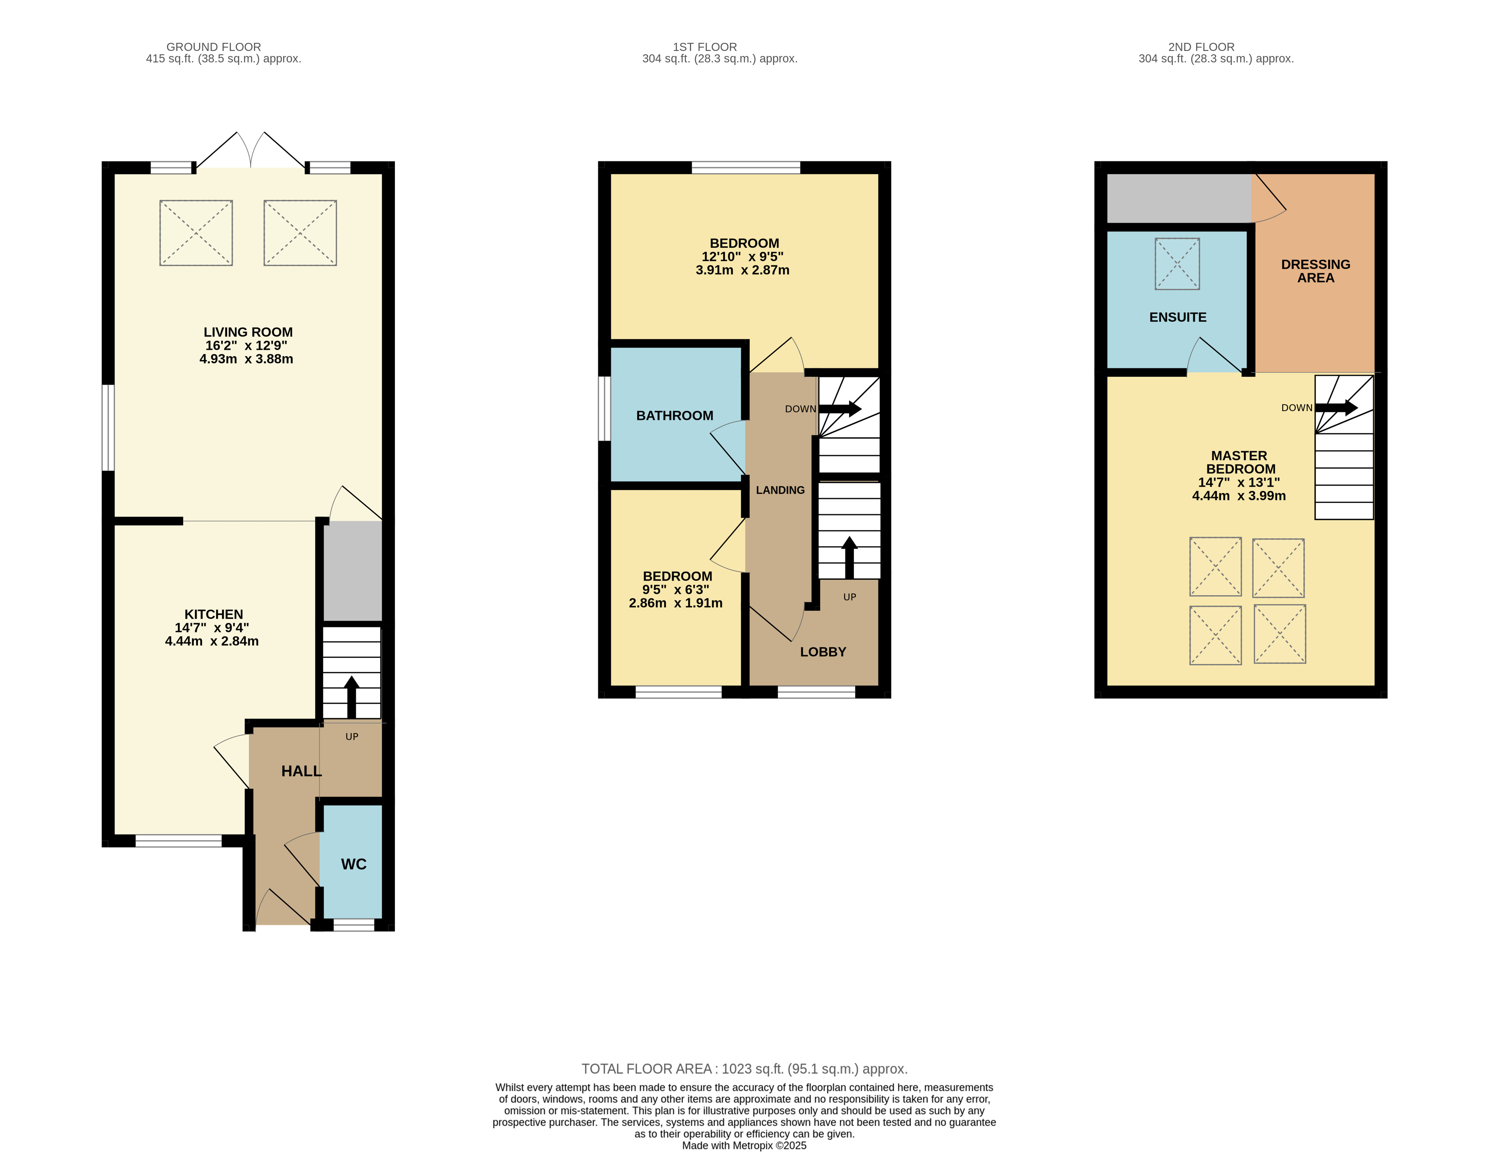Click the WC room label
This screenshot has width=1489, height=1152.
coord(353,864)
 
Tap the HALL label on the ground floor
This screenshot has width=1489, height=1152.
coord(301,771)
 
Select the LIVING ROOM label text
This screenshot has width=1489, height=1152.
coord(248,332)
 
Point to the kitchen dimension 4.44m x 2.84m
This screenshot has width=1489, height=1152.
coord(212,641)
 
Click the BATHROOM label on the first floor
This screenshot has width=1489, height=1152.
coord(674,416)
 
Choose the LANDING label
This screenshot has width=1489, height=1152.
coord(780,490)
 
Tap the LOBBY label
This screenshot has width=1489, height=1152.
coord(823,652)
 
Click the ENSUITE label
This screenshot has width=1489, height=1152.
coord(1177,317)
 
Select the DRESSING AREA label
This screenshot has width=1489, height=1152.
coord(1315,271)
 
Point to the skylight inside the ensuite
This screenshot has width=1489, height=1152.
coord(1177,264)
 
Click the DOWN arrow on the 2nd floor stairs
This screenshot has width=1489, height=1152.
coord(1336,407)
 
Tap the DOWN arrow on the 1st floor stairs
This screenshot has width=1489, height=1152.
coord(840,409)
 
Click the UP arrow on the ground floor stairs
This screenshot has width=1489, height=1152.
coord(352,697)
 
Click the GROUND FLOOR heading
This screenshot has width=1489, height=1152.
coord(214,47)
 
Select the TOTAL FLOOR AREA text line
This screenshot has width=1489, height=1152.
coord(745,1069)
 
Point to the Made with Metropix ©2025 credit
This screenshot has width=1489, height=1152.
coord(745,1145)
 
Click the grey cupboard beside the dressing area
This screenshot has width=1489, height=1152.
coord(1179,198)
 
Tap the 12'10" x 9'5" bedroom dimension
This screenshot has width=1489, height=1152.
coord(743,256)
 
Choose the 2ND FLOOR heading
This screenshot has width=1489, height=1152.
coord(1201,47)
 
